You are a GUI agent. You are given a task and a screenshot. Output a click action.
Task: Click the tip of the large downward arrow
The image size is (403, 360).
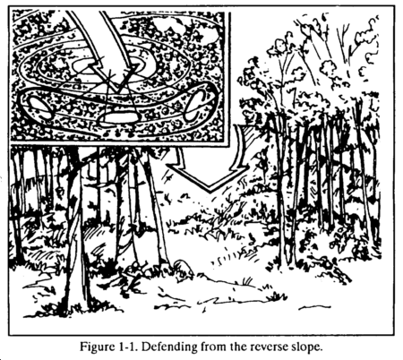210,191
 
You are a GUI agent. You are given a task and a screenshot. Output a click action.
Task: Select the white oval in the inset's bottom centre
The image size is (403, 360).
119,117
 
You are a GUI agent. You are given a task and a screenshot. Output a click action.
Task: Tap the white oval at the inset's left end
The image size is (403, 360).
39,107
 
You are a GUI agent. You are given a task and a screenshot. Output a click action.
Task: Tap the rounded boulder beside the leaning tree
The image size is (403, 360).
183,266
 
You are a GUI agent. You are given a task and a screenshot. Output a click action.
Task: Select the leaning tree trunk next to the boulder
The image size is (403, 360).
154,206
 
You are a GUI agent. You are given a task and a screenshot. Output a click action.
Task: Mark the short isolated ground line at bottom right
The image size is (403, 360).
314,306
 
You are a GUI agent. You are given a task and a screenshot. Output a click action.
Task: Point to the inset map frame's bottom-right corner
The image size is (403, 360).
230,146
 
